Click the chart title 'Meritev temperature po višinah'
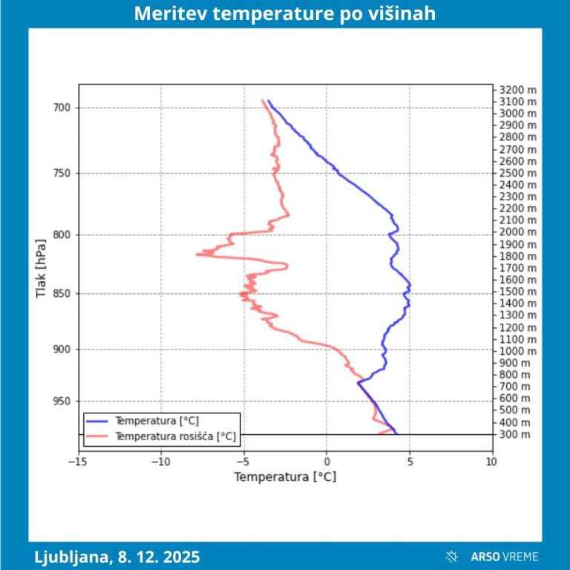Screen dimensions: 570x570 [x=285, y=14]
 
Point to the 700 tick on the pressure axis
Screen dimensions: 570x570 [x=62, y=108]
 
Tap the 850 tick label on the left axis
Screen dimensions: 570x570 [x=62, y=293]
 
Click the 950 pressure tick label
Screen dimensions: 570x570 [x=62, y=402]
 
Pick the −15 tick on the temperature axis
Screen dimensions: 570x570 [x=79, y=462]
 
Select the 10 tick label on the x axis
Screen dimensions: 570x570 [x=491, y=462]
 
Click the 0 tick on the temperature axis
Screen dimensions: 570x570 [x=327, y=462]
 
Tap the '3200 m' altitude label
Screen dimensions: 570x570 [x=514, y=90]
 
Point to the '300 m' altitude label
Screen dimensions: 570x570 [x=514, y=434]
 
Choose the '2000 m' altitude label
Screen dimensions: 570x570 [x=514, y=232]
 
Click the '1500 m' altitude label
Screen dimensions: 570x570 [x=514, y=292]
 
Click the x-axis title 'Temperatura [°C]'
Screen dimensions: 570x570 [x=285, y=476]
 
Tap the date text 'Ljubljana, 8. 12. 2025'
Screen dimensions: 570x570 [x=117, y=556]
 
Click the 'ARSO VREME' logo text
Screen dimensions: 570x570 [x=505, y=556]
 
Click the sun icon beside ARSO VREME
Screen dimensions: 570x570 [x=451, y=556]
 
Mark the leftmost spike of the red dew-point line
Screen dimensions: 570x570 [x=197, y=255]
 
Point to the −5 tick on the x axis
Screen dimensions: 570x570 [x=243, y=462]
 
